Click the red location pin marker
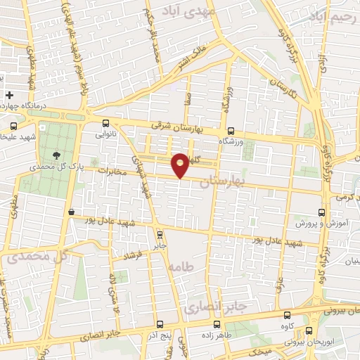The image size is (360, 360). pyautogui.click(x=180, y=164)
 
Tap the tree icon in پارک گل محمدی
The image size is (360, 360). pyautogui.click(x=54, y=155)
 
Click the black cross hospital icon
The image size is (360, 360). pyautogui.click(x=9, y=95)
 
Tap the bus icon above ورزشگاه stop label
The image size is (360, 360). pyautogui.click(x=231, y=131)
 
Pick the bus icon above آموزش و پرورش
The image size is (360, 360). pyautogui.click(x=322, y=212)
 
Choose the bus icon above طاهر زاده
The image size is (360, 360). pyautogui.click(x=215, y=325)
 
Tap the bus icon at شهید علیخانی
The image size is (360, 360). pyautogui.click(x=14, y=127)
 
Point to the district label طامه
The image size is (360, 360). pyautogui.click(x=181, y=266)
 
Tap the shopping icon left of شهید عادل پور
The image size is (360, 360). pyautogui.click(x=71, y=212)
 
